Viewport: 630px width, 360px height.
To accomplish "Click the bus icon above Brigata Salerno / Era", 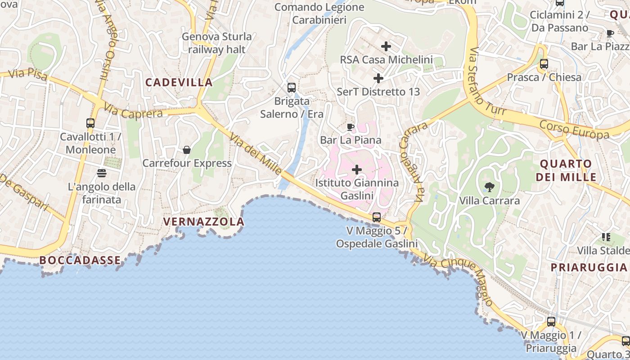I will point(292,87).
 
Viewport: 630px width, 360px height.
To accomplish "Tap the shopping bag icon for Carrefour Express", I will point(187,149).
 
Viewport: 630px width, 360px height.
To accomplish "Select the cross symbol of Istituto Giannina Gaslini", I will point(357,170).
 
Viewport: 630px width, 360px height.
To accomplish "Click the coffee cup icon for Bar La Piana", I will point(351,127).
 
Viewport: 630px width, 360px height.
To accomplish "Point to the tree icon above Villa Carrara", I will point(489,187).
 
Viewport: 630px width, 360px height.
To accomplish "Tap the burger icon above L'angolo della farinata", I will point(101,173).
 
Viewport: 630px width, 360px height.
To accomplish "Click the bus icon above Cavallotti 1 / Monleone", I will point(90,123).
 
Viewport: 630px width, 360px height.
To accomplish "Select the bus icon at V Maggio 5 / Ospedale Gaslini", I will point(377,217).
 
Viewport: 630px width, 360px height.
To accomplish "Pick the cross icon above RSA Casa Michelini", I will point(386,46).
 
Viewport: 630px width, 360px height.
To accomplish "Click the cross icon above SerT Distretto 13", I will point(378,78).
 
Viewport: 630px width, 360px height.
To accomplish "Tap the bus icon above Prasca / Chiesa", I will point(544,63).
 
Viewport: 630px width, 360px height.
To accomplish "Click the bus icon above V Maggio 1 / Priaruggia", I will point(551,322).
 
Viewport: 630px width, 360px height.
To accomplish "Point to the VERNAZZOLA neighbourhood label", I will point(204,221).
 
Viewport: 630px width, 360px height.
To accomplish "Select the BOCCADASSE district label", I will point(80,260).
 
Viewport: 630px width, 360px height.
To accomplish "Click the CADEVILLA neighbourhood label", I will point(179,82).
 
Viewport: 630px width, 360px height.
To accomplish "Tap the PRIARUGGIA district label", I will point(589,267).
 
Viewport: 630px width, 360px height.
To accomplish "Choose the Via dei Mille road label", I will point(255,153).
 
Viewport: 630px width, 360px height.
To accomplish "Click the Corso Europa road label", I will point(574,129).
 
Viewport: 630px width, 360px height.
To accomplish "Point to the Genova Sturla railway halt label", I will point(216,43).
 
